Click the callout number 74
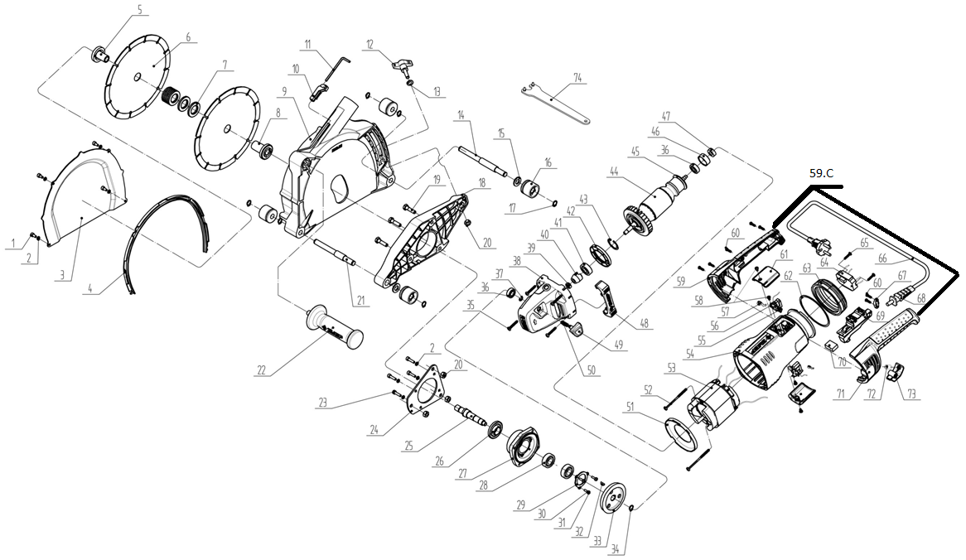(577, 78)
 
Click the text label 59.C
(821, 174)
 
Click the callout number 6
(189, 37)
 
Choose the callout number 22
(262, 371)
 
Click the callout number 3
(61, 275)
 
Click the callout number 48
(645, 323)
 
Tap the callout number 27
(463, 474)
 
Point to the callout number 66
(883, 259)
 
